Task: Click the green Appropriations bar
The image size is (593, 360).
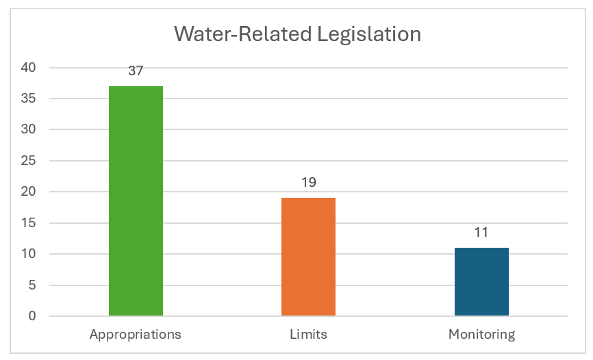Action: tap(136, 201)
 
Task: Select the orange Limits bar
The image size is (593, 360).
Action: tap(308, 257)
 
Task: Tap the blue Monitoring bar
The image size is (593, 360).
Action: tap(481, 281)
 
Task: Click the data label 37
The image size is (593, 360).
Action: tap(136, 71)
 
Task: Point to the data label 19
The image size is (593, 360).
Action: tap(308, 183)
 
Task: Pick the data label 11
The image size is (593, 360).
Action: tap(481, 233)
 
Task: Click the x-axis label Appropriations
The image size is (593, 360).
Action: tap(136, 335)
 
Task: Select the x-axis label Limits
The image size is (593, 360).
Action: tap(308, 335)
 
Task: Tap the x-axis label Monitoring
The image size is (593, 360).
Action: tap(481, 335)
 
